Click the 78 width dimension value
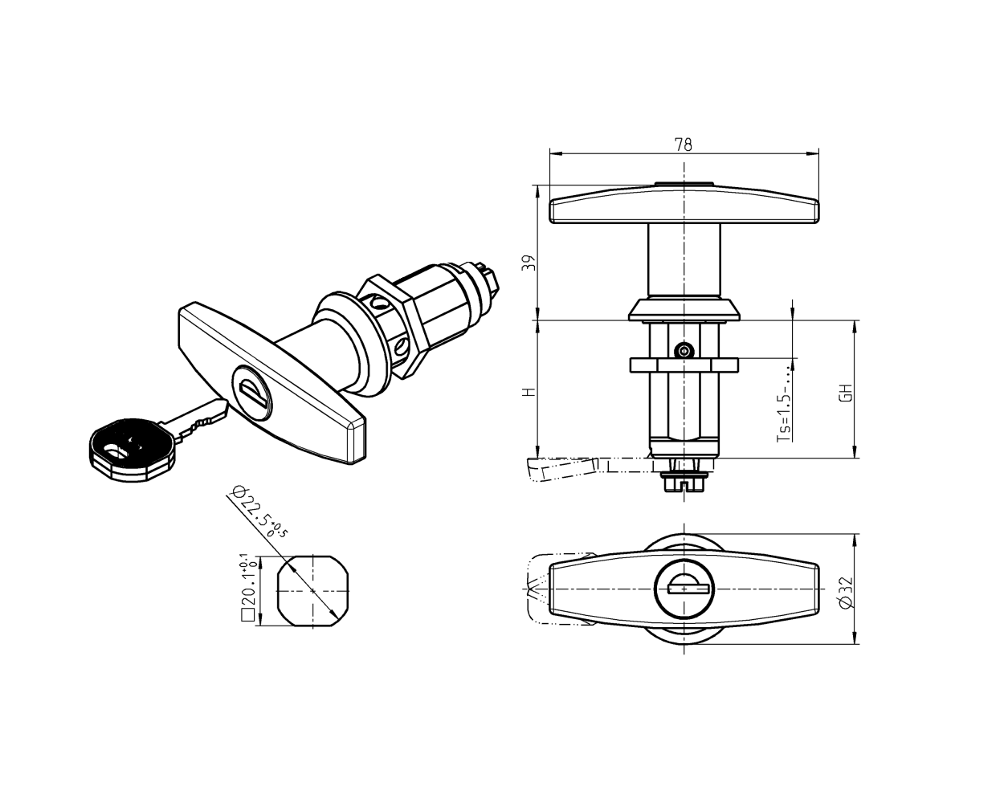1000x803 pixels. click(683, 145)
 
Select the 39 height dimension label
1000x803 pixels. click(528, 263)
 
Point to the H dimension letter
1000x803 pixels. click(528, 393)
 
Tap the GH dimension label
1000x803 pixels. click(845, 393)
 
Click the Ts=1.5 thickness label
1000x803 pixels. click(785, 406)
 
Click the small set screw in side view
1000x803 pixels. click(684, 350)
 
